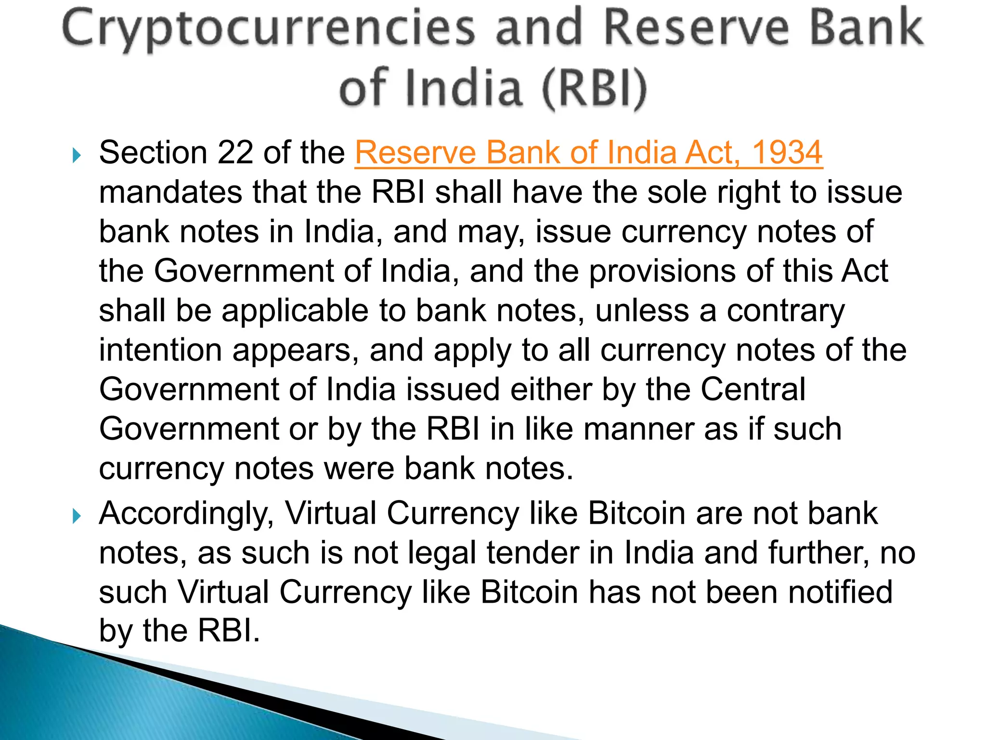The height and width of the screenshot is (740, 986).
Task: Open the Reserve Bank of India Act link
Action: tap(588, 152)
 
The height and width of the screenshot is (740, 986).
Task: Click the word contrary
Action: tap(785, 310)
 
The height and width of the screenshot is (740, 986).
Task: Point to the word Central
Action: tap(752, 389)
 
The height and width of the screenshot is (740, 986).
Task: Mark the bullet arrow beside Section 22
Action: tap(77, 155)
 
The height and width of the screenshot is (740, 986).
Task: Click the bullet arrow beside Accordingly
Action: tap(77, 516)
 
